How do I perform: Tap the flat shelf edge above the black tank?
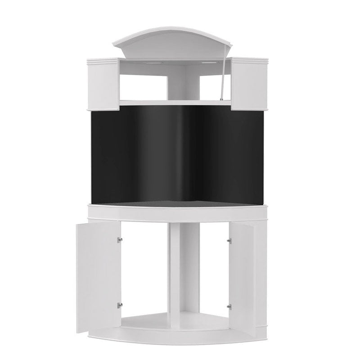175,103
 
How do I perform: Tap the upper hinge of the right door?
229,241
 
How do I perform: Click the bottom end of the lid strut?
220,99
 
